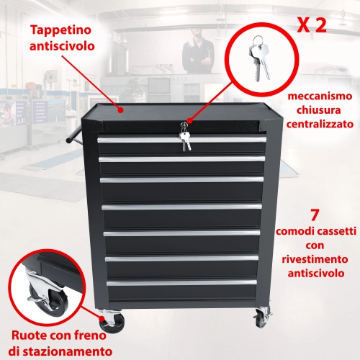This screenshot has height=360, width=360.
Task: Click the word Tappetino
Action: (x=61, y=30)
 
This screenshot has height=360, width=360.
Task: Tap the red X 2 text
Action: (x=312, y=25)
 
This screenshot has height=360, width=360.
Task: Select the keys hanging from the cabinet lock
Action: (x=185, y=138)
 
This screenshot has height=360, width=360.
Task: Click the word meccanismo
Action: (x=320, y=96)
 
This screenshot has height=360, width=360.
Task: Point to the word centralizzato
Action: (x=320, y=125)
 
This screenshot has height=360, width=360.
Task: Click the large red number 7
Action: (x=315, y=215)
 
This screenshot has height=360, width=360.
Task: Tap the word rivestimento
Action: (x=315, y=259)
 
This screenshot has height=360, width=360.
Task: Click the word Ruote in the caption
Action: (x=27, y=336)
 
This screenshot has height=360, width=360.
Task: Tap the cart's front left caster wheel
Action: (x=112, y=321)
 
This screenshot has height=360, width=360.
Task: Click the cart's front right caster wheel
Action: (x=262, y=318)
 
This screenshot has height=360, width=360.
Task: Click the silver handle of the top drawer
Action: (x=182, y=140)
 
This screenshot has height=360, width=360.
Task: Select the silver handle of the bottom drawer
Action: (x=181, y=282)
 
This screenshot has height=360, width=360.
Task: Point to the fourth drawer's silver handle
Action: (x=181, y=207)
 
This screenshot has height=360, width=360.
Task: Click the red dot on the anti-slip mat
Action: (x=120, y=110)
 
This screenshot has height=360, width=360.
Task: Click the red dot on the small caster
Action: (x=103, y=319)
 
